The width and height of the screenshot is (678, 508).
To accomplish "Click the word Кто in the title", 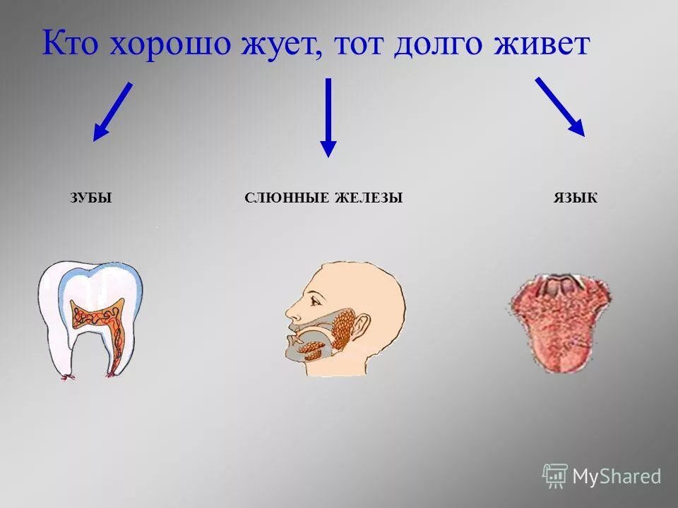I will coord(71,44).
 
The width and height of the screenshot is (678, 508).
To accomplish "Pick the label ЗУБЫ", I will coord(91,199).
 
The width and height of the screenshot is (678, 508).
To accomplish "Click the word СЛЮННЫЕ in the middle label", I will coord(287,199).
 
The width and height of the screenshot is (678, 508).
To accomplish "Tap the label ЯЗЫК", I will coord(576,199).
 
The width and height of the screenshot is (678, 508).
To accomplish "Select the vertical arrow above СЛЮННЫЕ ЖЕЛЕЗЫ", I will coord(328,116).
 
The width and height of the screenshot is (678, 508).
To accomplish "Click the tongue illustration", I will coord(559,321).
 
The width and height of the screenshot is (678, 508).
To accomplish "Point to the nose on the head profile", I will coord(290,310).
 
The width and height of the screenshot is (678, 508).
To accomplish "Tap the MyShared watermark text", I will coord(617,476).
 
